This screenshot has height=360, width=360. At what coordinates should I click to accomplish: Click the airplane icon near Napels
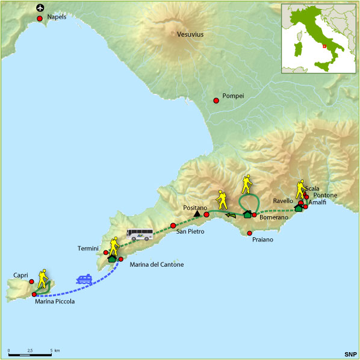40,8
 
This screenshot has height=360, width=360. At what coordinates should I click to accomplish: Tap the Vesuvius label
190,35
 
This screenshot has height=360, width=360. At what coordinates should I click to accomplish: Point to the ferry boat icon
83,279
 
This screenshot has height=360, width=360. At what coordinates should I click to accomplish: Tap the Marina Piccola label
55,302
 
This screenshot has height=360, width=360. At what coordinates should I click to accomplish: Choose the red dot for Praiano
249,233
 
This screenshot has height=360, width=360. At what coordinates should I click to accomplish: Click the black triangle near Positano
196,213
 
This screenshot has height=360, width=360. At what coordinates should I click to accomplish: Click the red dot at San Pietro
173,225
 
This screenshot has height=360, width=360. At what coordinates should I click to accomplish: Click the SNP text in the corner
350,354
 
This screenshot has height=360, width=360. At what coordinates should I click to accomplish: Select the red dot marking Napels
40,19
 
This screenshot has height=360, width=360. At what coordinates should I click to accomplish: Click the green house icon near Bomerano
247,214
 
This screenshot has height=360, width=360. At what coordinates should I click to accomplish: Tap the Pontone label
325,196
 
